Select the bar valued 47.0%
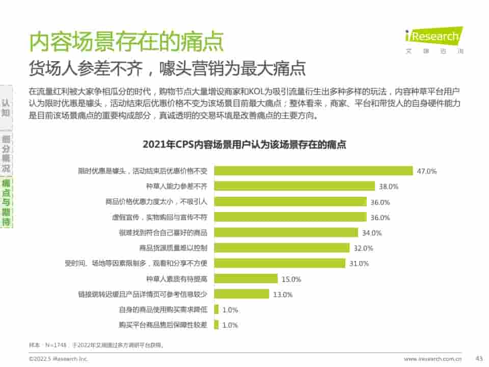(313, 171)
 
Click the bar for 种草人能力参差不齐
(294, 186)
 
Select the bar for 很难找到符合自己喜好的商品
(286, 232)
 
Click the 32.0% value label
(363, 248)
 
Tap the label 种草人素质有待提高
(176, 279)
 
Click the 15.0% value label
(291, 279)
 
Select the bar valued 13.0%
(241, 294)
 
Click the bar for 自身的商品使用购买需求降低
(216, 309)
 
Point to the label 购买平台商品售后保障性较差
(163, 325)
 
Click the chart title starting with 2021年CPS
(244, 145)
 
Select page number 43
(478, 358)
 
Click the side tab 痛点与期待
(6, 202)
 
